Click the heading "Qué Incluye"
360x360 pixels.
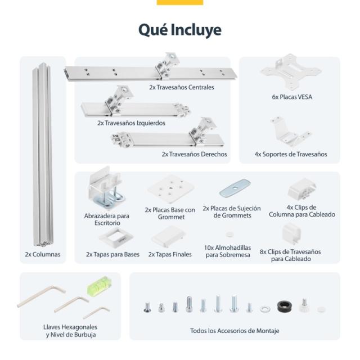[180, 30]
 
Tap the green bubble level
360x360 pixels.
[100, 286]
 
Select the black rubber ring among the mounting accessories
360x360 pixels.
[285, 307]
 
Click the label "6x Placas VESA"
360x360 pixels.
[292, 97]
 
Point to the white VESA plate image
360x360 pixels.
[291, 72]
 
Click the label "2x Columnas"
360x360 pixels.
[43, 254]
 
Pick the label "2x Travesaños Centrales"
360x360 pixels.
[181, 87]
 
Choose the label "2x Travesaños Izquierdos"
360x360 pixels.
[131, 123]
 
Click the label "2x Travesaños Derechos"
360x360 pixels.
[194, 154]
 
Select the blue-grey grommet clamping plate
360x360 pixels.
[235, 188]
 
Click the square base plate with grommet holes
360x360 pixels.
[170, 189]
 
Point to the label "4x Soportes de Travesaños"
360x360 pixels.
[291, 154]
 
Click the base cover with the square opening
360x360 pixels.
[116, 237]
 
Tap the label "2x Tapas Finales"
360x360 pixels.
[170, 254]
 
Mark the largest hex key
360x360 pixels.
[41, 296]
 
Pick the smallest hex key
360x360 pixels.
[96, 313]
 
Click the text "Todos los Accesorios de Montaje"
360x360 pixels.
[235, 331]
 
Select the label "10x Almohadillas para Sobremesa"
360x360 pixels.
[228, 251]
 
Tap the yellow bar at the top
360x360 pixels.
[180, 2]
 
